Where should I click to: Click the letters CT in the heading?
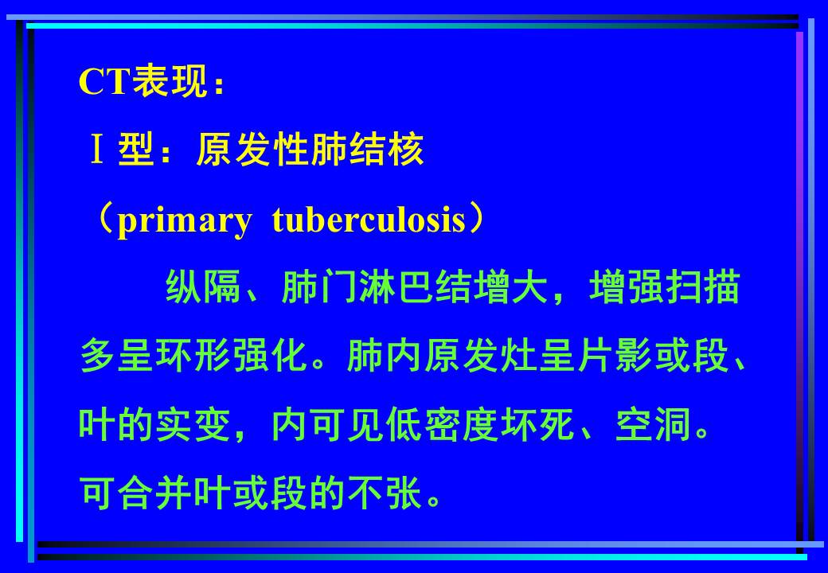coord(105,81)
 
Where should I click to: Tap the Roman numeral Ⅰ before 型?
coord(96,150)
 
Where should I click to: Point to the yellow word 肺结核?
coord(368,150)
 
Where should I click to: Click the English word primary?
coord(184,220)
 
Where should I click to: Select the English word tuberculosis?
coord(369,219)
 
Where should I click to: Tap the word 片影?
coord(615,356)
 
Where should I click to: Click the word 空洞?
coord(654,425)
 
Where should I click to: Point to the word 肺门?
coord(318,287)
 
